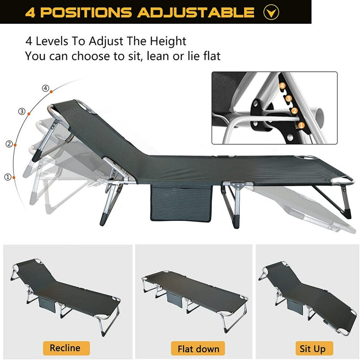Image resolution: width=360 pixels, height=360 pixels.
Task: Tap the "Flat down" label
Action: coord(198,349)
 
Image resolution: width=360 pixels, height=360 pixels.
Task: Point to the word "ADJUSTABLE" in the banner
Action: coord(195,13)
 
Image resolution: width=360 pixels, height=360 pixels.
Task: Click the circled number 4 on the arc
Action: coord(45,88)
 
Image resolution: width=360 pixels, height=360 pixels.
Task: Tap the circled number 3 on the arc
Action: coord(22,112)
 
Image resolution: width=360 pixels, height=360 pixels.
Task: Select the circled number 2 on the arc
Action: coord(9,143)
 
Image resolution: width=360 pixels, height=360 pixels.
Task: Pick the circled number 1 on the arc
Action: coord(7,177)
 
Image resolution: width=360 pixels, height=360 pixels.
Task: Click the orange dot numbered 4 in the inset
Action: coord(282,85)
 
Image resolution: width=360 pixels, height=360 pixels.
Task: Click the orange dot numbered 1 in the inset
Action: coord(301,125)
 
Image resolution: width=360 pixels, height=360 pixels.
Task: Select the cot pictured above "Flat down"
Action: coord(195,299)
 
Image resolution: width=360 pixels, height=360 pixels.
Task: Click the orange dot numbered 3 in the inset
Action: coord(289,98)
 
